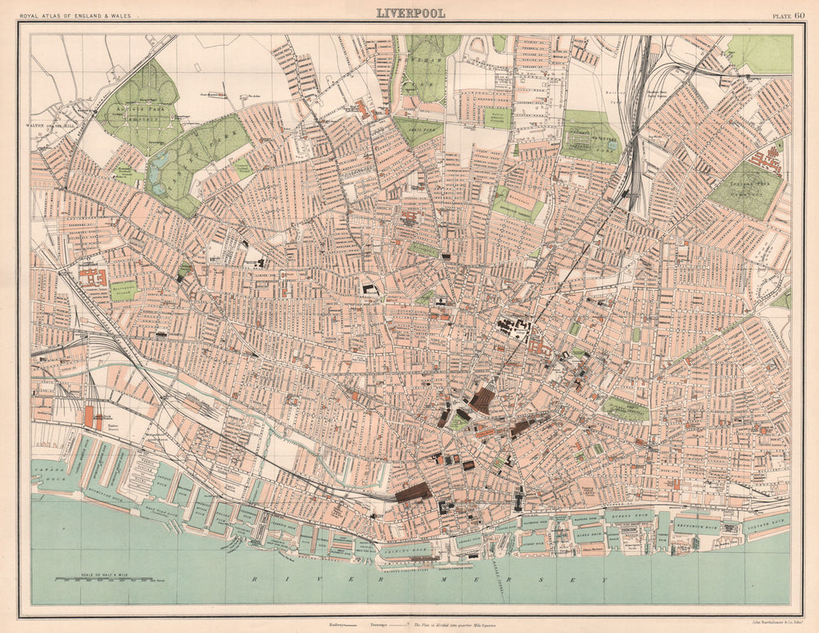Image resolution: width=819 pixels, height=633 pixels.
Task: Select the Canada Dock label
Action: coord(49,471)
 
